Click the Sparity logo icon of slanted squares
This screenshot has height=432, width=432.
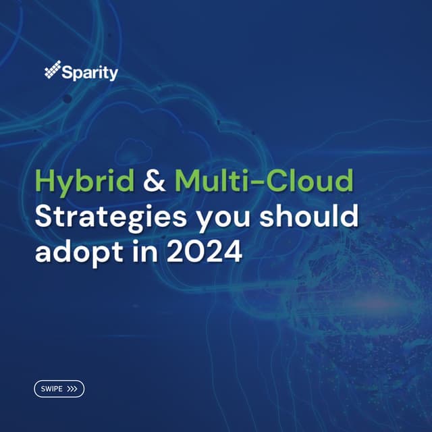tap(52, 71)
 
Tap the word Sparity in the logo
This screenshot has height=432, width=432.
tap(89, 72)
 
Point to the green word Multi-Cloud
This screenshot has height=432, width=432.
tap(263, 182)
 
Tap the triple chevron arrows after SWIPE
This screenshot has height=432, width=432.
tap(73, 389)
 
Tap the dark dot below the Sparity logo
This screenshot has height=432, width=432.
tap(67, 99)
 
